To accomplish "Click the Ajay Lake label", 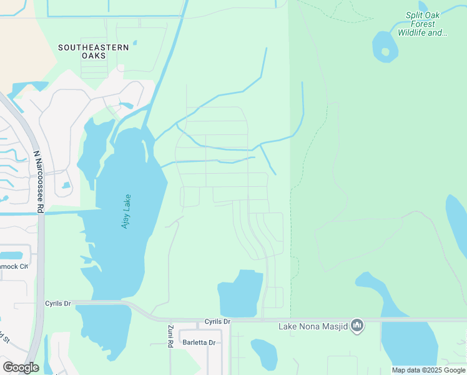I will tap(125, 211).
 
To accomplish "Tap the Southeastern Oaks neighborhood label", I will tap(94, 51).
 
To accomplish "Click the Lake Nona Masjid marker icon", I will tap(357, 325).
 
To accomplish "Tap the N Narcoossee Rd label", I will tap(39, 181).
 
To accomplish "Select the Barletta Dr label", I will tap(199, 342).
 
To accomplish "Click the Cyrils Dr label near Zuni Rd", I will tap(217, 322).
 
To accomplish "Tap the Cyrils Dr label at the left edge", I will tap(59, 303).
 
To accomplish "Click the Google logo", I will tap(21, 367).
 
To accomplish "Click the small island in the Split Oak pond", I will tap(385, 51).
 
